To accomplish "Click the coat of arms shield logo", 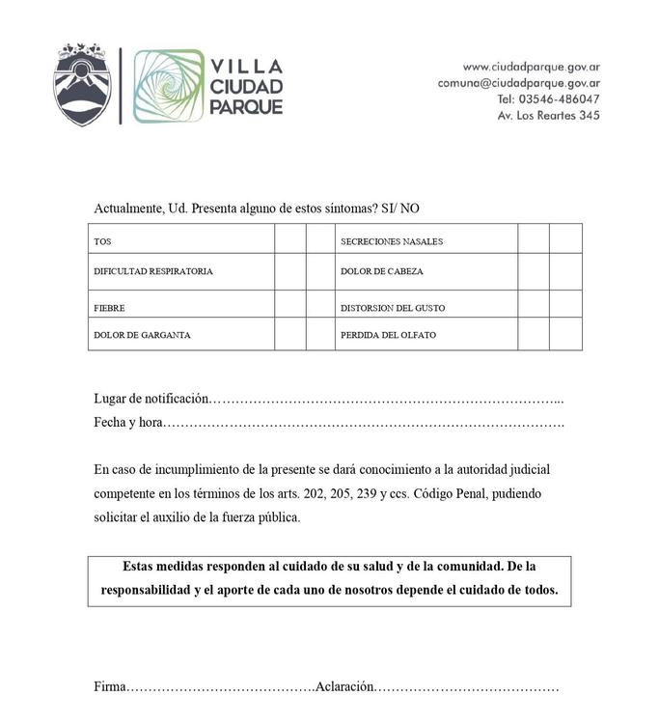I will (82, 84).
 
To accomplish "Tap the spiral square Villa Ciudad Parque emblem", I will (169, 86).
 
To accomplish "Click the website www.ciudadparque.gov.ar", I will (531, 67).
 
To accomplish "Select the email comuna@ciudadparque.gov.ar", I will (518, 83).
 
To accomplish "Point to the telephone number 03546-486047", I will (563, 99).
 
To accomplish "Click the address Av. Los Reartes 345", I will (548, 116).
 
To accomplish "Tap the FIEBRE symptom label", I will (109, 308).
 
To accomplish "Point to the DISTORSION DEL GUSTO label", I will (393, 308).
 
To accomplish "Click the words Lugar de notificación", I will (151, 398).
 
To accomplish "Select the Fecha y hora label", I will (128, 423).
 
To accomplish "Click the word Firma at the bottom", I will (110, 686).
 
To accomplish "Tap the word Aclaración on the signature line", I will (343, 686).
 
